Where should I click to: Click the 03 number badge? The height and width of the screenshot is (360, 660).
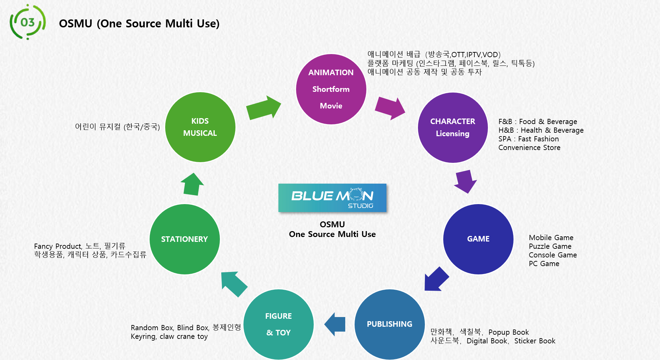pos(28,22)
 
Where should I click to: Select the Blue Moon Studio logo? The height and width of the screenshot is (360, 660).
pos(332,198)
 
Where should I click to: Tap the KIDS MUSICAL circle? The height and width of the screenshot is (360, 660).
pos(200,127)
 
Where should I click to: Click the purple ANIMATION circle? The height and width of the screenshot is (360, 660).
pos(331,89)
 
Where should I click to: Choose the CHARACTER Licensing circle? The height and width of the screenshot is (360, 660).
pos(453,128)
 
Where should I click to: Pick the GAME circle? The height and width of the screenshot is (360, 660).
pos(478,239)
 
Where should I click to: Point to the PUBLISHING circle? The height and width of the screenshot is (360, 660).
pos(390,324)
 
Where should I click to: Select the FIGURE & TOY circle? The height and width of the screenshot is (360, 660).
pos(278,324)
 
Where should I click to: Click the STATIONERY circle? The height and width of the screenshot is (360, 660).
pos(185,239)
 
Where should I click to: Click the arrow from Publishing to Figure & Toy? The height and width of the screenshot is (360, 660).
pos(335,324)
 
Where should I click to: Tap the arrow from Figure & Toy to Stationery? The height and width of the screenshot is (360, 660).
pos(234,284)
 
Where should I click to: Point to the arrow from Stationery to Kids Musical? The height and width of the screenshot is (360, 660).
pos(192,184)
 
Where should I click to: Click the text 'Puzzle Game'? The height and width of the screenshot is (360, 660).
pos(550,246)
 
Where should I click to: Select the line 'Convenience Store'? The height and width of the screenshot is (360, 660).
pos(529,148)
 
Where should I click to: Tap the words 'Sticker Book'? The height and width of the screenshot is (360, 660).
pos(535,341)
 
